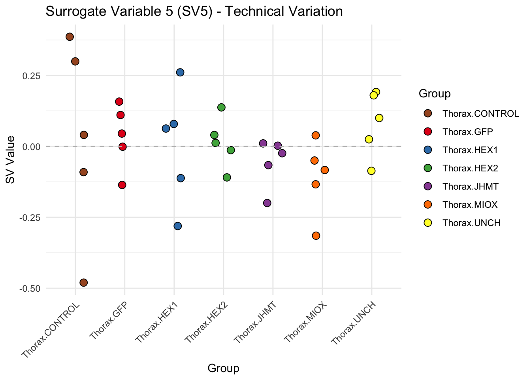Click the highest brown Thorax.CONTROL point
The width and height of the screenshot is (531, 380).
[70, 37]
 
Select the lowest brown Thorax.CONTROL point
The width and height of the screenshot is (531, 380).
[83, 283]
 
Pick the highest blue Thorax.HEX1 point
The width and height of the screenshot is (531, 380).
[180, 72]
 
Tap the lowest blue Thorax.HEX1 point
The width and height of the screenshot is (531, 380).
[178, 226]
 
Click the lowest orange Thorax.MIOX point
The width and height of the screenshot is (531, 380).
[316, 236]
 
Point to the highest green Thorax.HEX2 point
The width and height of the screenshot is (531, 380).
[221, 107]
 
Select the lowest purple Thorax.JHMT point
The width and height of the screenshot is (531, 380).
[267, 203]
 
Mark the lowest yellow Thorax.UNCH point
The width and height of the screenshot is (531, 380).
[371, 171]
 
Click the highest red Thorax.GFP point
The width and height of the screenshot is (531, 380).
[119, 102]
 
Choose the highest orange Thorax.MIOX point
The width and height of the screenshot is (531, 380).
[315, 135]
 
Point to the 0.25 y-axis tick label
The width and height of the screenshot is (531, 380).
[31, 76]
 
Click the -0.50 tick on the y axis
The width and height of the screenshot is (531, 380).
[30, 289]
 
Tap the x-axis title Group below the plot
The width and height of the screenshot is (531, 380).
[223, 369]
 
